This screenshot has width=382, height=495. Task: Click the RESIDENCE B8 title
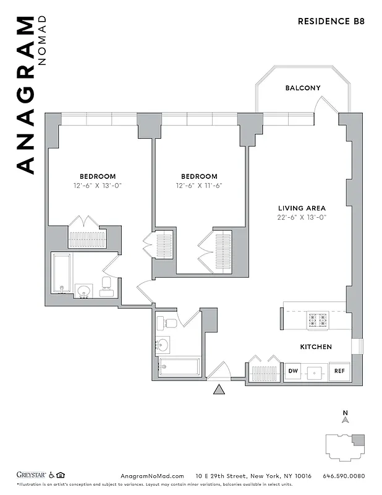331,20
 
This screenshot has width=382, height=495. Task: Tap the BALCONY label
303,88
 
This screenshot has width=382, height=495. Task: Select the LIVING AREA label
302,209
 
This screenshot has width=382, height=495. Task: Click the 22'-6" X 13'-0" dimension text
302,218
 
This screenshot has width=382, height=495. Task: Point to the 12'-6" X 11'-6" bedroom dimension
199,185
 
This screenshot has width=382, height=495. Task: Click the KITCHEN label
316,347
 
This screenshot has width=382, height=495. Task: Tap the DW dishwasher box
293,371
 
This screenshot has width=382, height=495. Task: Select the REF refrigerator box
339,371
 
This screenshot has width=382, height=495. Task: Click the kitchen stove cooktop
318,320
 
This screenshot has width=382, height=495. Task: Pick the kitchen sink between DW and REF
316,372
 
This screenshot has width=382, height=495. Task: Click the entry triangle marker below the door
218,389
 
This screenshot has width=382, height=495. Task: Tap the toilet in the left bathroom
106,285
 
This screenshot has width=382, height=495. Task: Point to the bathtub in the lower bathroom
179,367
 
